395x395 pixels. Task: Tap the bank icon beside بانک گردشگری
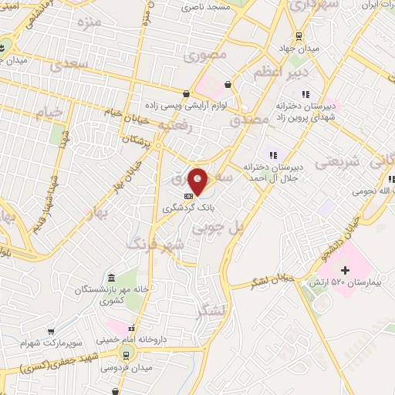pyautogui.click(x=189, y=197)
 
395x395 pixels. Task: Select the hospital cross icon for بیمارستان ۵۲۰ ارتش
pyautogui.click(x=345, y=270)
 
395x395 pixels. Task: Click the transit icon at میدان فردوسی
pyautogui.click(x=125, y=355)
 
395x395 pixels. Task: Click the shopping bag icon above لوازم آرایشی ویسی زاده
pyautogui.click(x=227, y=85)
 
